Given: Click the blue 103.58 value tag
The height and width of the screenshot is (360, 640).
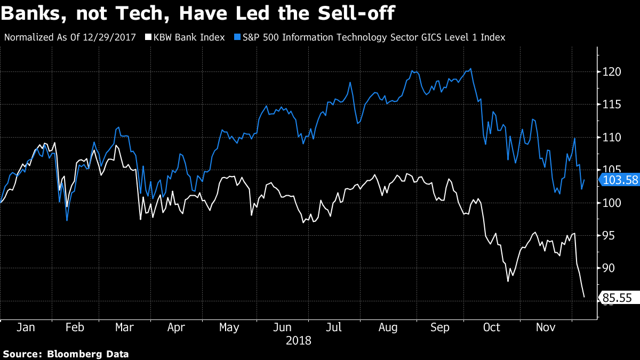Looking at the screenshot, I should pos(619,180).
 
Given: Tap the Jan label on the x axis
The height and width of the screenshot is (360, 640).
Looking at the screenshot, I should pos(26,327).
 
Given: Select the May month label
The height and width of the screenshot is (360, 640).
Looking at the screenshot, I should pos(229,327).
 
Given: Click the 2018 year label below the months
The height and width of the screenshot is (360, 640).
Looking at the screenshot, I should pos(298,340).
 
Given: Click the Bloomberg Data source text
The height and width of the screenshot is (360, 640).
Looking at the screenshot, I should pos(88,354).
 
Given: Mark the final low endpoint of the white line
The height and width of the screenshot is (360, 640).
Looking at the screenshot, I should pos(584,297).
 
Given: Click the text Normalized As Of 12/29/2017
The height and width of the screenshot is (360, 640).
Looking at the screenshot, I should pos(70,37).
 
